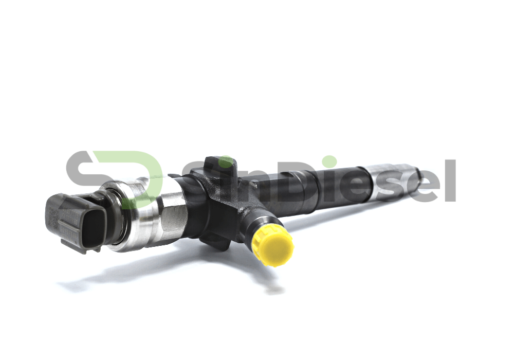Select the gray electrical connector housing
pyautogui.click(x=76, y=222)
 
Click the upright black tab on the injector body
pyautogui.click(x=218, y=165)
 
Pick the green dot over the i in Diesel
pyautogui.click(x=329, y=163)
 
